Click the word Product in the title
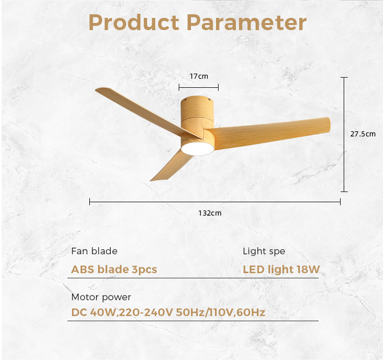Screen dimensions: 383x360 (134, 22)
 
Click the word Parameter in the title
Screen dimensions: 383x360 (246, 22)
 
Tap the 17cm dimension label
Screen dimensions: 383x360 (199, 76)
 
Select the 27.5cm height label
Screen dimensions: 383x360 (363, 134)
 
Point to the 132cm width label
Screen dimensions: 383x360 (210, 213)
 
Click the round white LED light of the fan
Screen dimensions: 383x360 (197, 149)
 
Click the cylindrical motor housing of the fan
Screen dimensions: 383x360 (197, 115)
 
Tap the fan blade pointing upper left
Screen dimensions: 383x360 (147, 112)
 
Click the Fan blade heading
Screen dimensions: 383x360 (94, 251)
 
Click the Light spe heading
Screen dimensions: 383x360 (264, 252)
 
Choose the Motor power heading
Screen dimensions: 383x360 (101, 298)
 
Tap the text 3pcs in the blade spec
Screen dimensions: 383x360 (145, 270)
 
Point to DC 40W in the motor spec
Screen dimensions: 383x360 (93, 313)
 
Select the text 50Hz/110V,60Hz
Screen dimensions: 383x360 (221, 313)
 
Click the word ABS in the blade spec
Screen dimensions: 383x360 (83, 270)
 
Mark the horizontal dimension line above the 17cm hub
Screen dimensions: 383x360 (199, 87)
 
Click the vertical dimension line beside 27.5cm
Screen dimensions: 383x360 (344, 135)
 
